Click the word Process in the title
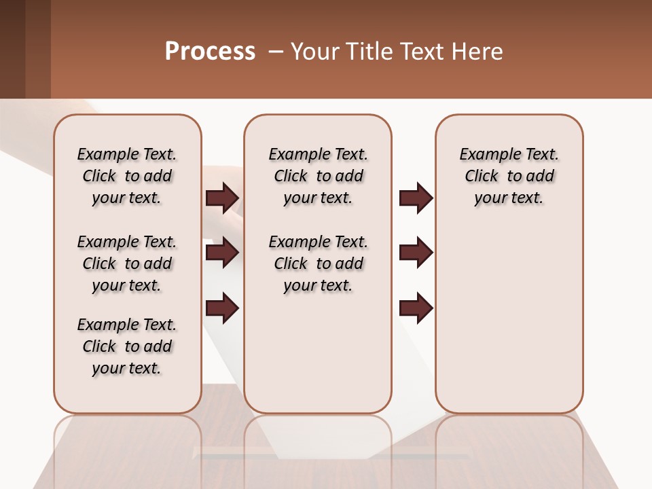(x=210, y=52)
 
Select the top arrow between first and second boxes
(x=222, y=198)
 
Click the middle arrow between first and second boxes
(x=222, y=253)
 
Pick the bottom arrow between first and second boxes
(x=222, y=308)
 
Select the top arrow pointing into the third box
(x=416, y=198)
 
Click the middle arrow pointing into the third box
(x=416, y=253)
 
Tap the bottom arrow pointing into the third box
(x=416, y=308)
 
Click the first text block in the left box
(x=127, y=176)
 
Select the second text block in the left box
(x=127, y=264)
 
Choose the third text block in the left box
(x=127, y=346)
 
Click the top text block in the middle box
(x=318, y=176)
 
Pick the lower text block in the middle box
(x=318, y=264)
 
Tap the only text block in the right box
(x=509, y=176)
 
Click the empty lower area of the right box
(x=509, y=319)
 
